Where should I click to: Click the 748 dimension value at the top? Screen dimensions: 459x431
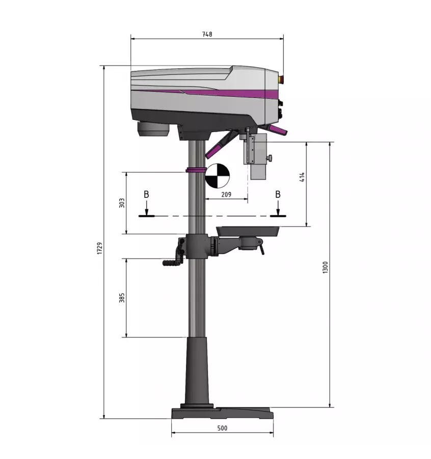tap(207, 35)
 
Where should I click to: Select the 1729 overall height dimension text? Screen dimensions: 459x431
tap(100, 248)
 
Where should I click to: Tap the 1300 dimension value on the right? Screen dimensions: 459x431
tap(325, 267)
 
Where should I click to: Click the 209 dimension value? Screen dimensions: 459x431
tap(227, 194)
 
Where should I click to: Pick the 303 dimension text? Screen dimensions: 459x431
tap(121, 203)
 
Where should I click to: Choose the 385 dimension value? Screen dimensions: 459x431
tap(121, 297)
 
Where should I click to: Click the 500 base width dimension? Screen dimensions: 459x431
tap(222, 428)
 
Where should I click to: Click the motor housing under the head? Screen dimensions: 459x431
tap(153, 129)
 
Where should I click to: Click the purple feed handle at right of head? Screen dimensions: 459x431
tap(278, 131)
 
